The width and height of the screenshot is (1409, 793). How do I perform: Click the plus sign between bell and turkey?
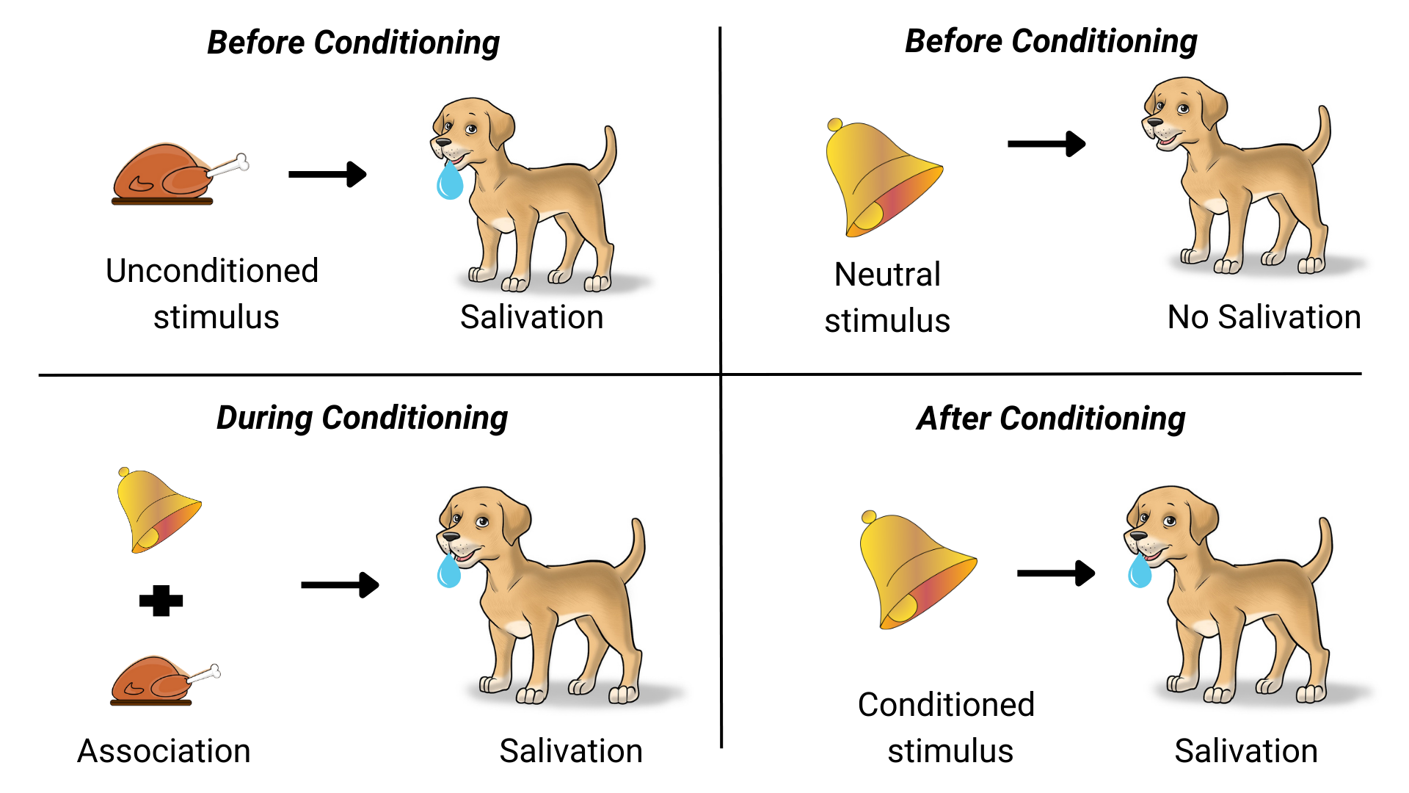pyautogui.click(x=161, y=601)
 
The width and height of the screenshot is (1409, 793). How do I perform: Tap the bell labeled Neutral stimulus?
pyautogui.click(x=884, y=178)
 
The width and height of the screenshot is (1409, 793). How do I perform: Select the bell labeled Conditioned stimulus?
pyautogui.click(x=917, y=571)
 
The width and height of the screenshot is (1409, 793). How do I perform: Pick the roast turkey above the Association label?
pyautogui.click(x=165, y=681)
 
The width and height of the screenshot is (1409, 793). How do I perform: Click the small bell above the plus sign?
pyautogui.click(x=159, y=510)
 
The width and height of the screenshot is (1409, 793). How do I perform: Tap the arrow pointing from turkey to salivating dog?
pyautogui.click(x=327, y=174)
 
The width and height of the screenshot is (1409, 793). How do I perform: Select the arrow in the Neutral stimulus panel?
pyautogui.click(x=1046, y=144)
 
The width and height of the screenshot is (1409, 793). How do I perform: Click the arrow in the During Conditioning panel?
pyautogui.click(x=340, y=585)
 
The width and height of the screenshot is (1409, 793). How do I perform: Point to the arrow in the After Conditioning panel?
pyautogui.click(x=1056, y=573)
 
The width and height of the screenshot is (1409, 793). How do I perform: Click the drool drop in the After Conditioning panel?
pyautogui.click(x=1140, y=571)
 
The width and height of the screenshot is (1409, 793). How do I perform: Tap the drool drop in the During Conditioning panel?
pyautogui.click(x=449, y=570)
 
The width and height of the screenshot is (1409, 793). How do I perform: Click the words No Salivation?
pyautogui.click(x=1264, y=317)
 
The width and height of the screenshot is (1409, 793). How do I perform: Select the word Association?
pyautogui.click(x=164, y=751)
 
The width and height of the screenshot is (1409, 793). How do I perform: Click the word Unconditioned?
pyautogui.click(x=212, y=270)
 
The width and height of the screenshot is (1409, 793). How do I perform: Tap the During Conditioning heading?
pyautogui.click(x=362, y=419)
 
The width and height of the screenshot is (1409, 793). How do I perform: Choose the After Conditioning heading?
pyautogui.click(x=1051, y=419)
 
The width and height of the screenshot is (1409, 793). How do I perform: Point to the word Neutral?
pyautogui.click(x=887, y=274)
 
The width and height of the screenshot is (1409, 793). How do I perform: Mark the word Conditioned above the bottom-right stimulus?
pyautogui.click(x=946, y=704)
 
